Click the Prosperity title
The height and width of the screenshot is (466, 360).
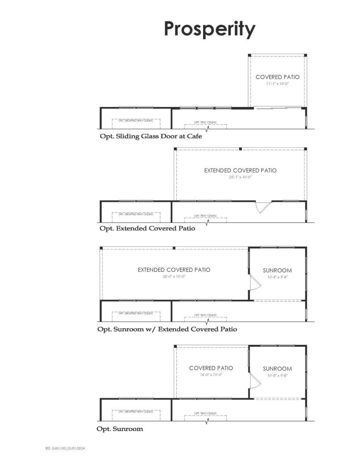pos(210,29)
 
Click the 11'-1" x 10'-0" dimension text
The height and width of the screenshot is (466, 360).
pos(277,84)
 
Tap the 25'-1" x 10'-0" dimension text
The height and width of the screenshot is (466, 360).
pos(240,177)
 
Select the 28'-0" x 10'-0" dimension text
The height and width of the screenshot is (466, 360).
pos(174,276)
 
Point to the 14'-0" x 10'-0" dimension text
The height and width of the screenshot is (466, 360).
pos(211,375)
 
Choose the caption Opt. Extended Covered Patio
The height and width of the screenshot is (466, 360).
pos(147,228)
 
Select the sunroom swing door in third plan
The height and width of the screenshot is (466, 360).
pos(254,283)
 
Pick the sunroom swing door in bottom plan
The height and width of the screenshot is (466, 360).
pos(254,381)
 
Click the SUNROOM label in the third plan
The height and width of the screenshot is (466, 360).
pos(277,271)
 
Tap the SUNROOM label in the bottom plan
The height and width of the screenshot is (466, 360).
pos(277,369)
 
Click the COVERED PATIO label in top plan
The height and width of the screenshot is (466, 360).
pos(277,77)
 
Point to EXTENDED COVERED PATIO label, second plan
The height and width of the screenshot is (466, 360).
pos(240,170)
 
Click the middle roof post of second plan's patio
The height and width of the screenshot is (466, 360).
pos(240,149)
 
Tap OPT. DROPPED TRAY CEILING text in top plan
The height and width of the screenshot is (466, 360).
pos(136,120)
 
